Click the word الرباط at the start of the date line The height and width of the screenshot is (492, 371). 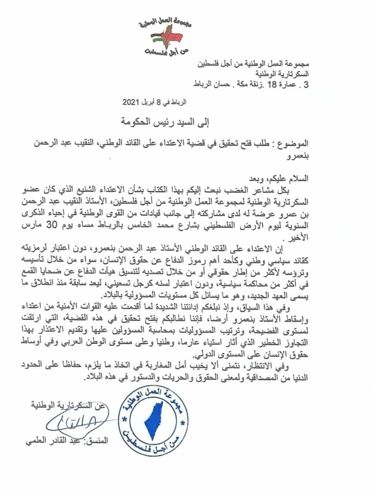[179, 103]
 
